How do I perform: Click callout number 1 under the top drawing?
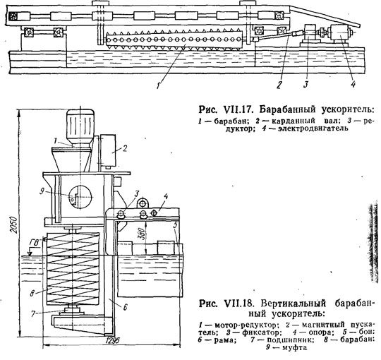(159, 85)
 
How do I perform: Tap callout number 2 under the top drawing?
(280, 84)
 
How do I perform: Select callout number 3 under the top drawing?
(306, 84)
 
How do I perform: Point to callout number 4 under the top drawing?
(353, 84)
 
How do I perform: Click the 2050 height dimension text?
(15, 224)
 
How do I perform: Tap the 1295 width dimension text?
(113, 340)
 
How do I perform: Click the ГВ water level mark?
(35, 243)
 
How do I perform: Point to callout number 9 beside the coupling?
(42, 192)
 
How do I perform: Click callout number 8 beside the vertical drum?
(32, 294)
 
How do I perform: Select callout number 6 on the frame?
(125, 307)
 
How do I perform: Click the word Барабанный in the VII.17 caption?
(288, 109)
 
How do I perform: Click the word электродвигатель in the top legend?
(313, 128)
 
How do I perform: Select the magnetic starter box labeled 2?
(108, 150)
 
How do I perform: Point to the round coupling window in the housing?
(80, 196)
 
